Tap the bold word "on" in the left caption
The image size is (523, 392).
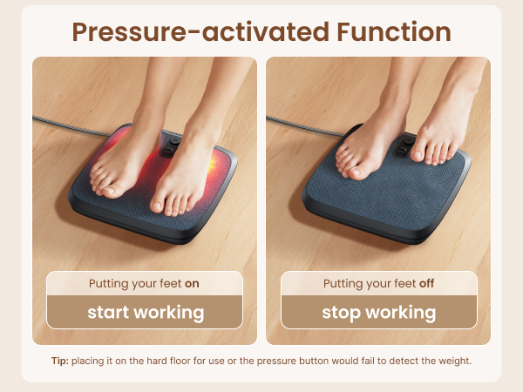point(192,284)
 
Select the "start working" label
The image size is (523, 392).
point(145,312)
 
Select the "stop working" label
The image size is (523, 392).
point(378,312)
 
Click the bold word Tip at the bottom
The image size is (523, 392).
point(59,361)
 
